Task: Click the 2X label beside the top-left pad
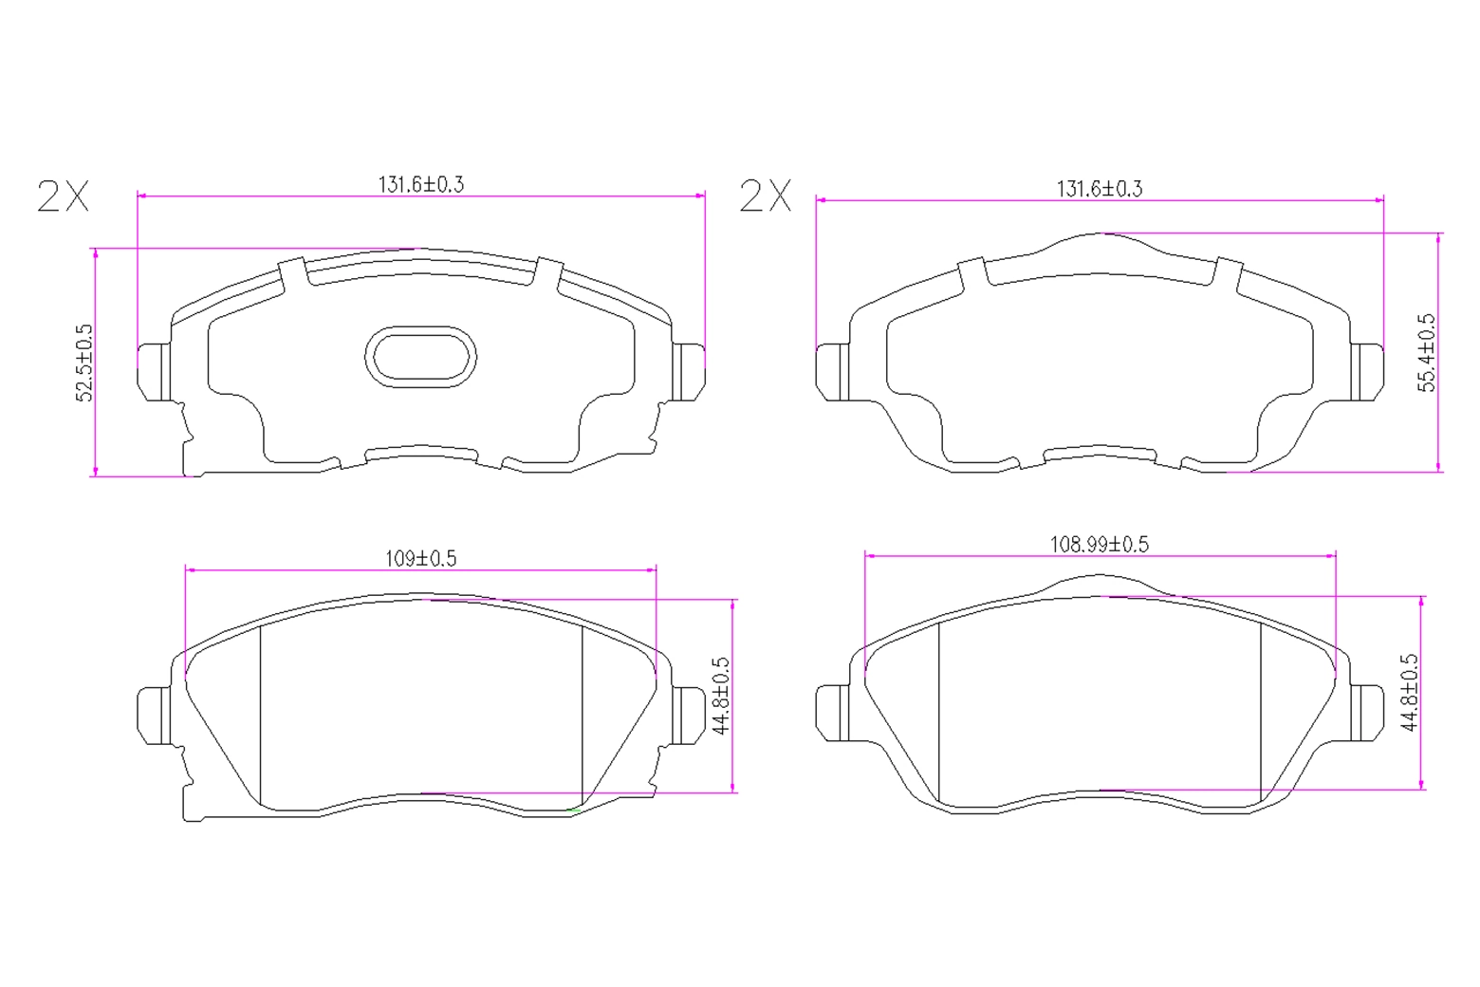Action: [63, 196]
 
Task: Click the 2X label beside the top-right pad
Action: [765, 196]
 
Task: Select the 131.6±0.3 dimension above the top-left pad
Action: [421, 184]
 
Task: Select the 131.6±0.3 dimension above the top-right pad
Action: [1100, 189]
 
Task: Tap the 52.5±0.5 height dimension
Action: [84, 363]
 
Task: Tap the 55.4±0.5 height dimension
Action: [1427, 353]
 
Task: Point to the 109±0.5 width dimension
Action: [421, 559]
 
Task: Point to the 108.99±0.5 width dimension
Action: [1100, 545]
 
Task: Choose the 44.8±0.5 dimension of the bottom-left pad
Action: [721, 696]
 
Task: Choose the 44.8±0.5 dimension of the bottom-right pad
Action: [1409, 692]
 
